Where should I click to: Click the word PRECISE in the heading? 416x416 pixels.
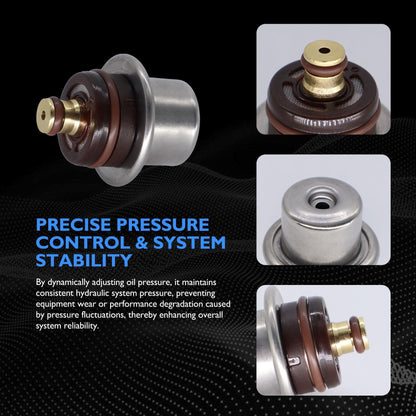tap(74, 225)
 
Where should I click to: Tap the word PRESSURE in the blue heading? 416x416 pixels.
tap(163, 225)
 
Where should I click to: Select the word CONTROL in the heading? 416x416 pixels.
tap(83, 242)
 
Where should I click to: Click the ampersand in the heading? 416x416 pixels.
tap(142, 242)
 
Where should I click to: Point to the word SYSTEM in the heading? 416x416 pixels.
tap(190, 242)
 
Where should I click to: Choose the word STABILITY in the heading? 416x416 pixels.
tap(84, 260)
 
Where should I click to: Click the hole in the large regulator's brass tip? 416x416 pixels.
tap(43, 115)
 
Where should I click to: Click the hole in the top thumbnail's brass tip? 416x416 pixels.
tap(324, 51)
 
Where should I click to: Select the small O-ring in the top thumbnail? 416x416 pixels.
tap(324, 64)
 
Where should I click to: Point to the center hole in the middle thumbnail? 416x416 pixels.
tap(322, 205)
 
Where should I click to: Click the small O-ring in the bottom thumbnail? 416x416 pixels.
tap(357, 334)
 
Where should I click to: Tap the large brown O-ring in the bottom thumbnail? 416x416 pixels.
tap(312, 343)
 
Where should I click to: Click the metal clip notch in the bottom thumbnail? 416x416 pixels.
tap(293, 361)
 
